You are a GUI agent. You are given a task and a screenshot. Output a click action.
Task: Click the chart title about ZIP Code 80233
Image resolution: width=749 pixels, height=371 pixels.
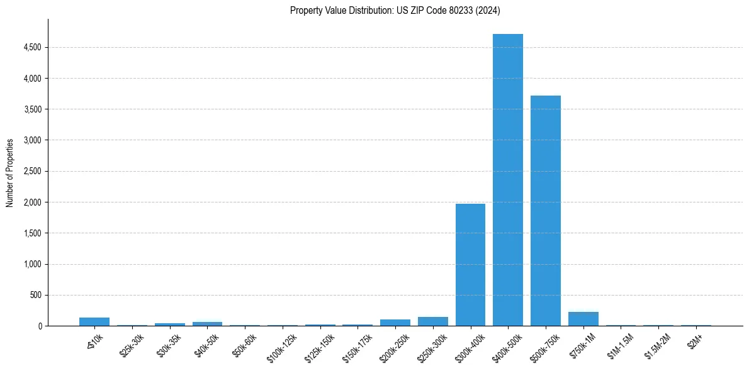click(395, 10)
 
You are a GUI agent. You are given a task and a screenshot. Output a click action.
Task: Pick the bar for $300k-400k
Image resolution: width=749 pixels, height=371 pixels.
click(470, 265)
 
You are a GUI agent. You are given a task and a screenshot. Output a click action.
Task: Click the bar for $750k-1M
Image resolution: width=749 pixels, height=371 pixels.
click(583, 319)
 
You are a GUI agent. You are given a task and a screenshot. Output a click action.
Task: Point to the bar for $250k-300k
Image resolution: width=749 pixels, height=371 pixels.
click(432, 321)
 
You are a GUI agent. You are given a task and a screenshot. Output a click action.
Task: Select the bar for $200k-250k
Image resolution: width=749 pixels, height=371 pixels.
click(395, 323)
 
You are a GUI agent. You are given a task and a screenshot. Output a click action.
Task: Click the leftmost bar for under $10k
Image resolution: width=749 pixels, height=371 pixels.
click(94, 322)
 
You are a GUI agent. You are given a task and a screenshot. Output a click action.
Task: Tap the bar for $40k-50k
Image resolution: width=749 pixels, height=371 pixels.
click(207, 324)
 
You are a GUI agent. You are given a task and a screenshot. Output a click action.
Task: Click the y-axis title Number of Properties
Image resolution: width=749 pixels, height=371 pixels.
click(10, 173)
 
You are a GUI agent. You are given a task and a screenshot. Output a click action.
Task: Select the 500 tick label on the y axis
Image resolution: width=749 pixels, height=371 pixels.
click(35, 296)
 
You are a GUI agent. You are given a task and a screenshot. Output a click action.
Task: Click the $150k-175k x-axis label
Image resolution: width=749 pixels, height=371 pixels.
click(353, 346)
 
